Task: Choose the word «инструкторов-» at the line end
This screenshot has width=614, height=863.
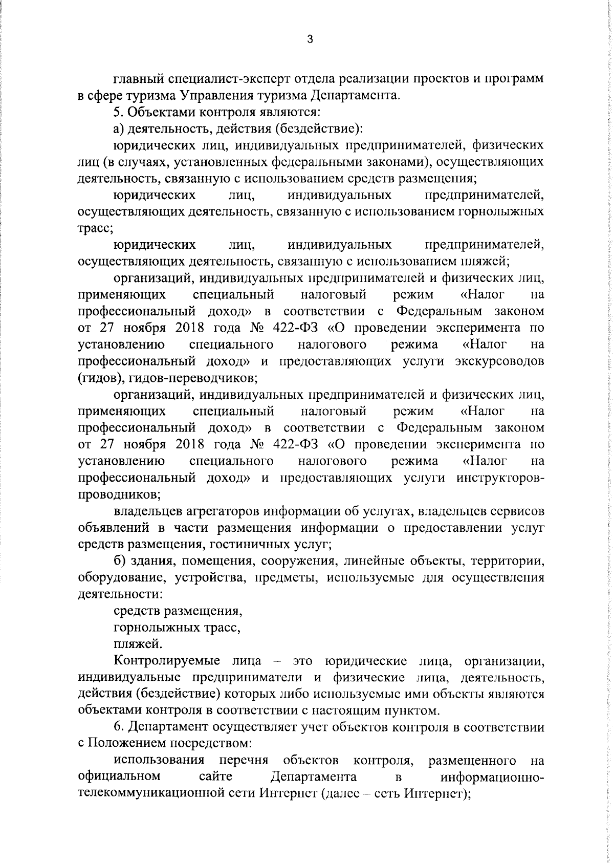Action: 500,478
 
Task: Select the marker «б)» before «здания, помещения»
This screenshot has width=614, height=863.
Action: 118,561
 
